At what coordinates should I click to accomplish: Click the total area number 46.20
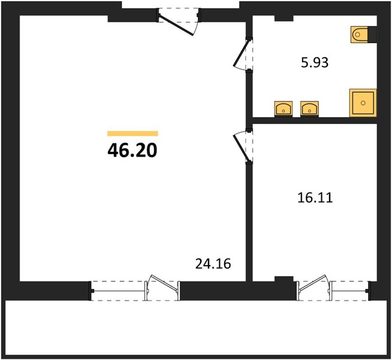click(x=132, y=151)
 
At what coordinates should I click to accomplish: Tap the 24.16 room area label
click(x=213, y=263)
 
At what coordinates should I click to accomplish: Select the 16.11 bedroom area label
click(x=315, y=197)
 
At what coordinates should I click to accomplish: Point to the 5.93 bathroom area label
click(x=315, y=62)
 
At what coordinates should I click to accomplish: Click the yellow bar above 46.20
click(x=132, y=134)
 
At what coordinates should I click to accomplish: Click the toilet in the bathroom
click(x=360, y=35)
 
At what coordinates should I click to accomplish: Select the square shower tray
click(x=363, y=103)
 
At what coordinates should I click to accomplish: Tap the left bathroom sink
click(x=284, y=109)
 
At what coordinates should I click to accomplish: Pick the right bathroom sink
click(x=309, y=109)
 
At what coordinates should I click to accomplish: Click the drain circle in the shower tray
click(x=363, y=103)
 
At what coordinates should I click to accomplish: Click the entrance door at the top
click(x=177, y=26)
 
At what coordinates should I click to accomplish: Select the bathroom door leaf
click(x=241, y=53)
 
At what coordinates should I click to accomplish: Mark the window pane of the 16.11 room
click(x=349, y=291)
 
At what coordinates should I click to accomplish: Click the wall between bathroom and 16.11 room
click(x=315, y=121)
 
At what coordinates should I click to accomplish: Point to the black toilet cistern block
click(x=372, y=35)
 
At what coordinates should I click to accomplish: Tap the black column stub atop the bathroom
click(x=284, y=18)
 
